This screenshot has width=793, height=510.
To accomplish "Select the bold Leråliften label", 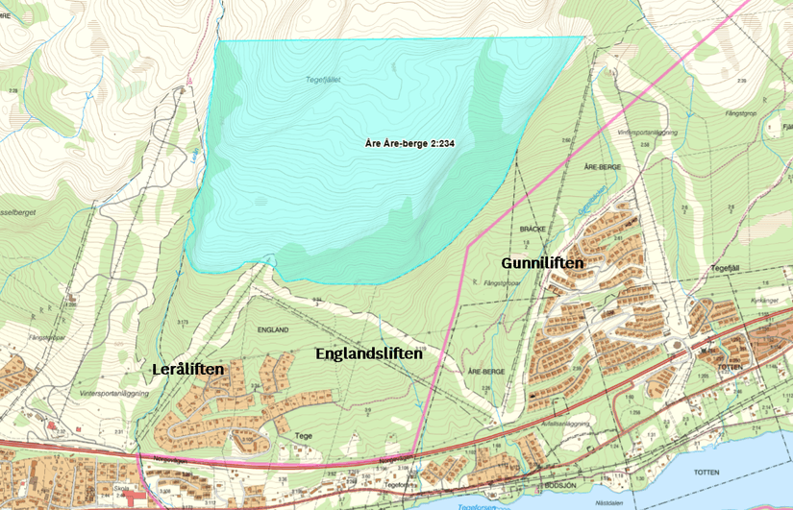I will (187, 369).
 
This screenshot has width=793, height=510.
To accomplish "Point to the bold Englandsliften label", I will (369, 353).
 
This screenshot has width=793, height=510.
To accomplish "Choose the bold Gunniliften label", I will (543, 262).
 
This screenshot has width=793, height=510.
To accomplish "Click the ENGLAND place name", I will (273, 329).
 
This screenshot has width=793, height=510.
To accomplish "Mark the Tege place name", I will (304, 435).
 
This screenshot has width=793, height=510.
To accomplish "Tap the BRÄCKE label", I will (533, 231).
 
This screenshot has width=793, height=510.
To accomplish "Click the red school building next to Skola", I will (135, 498).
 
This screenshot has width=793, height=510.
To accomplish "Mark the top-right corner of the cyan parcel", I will (583, 37).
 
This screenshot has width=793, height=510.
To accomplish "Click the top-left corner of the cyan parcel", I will (219, 40).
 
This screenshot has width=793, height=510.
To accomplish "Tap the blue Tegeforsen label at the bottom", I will (477, 505).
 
